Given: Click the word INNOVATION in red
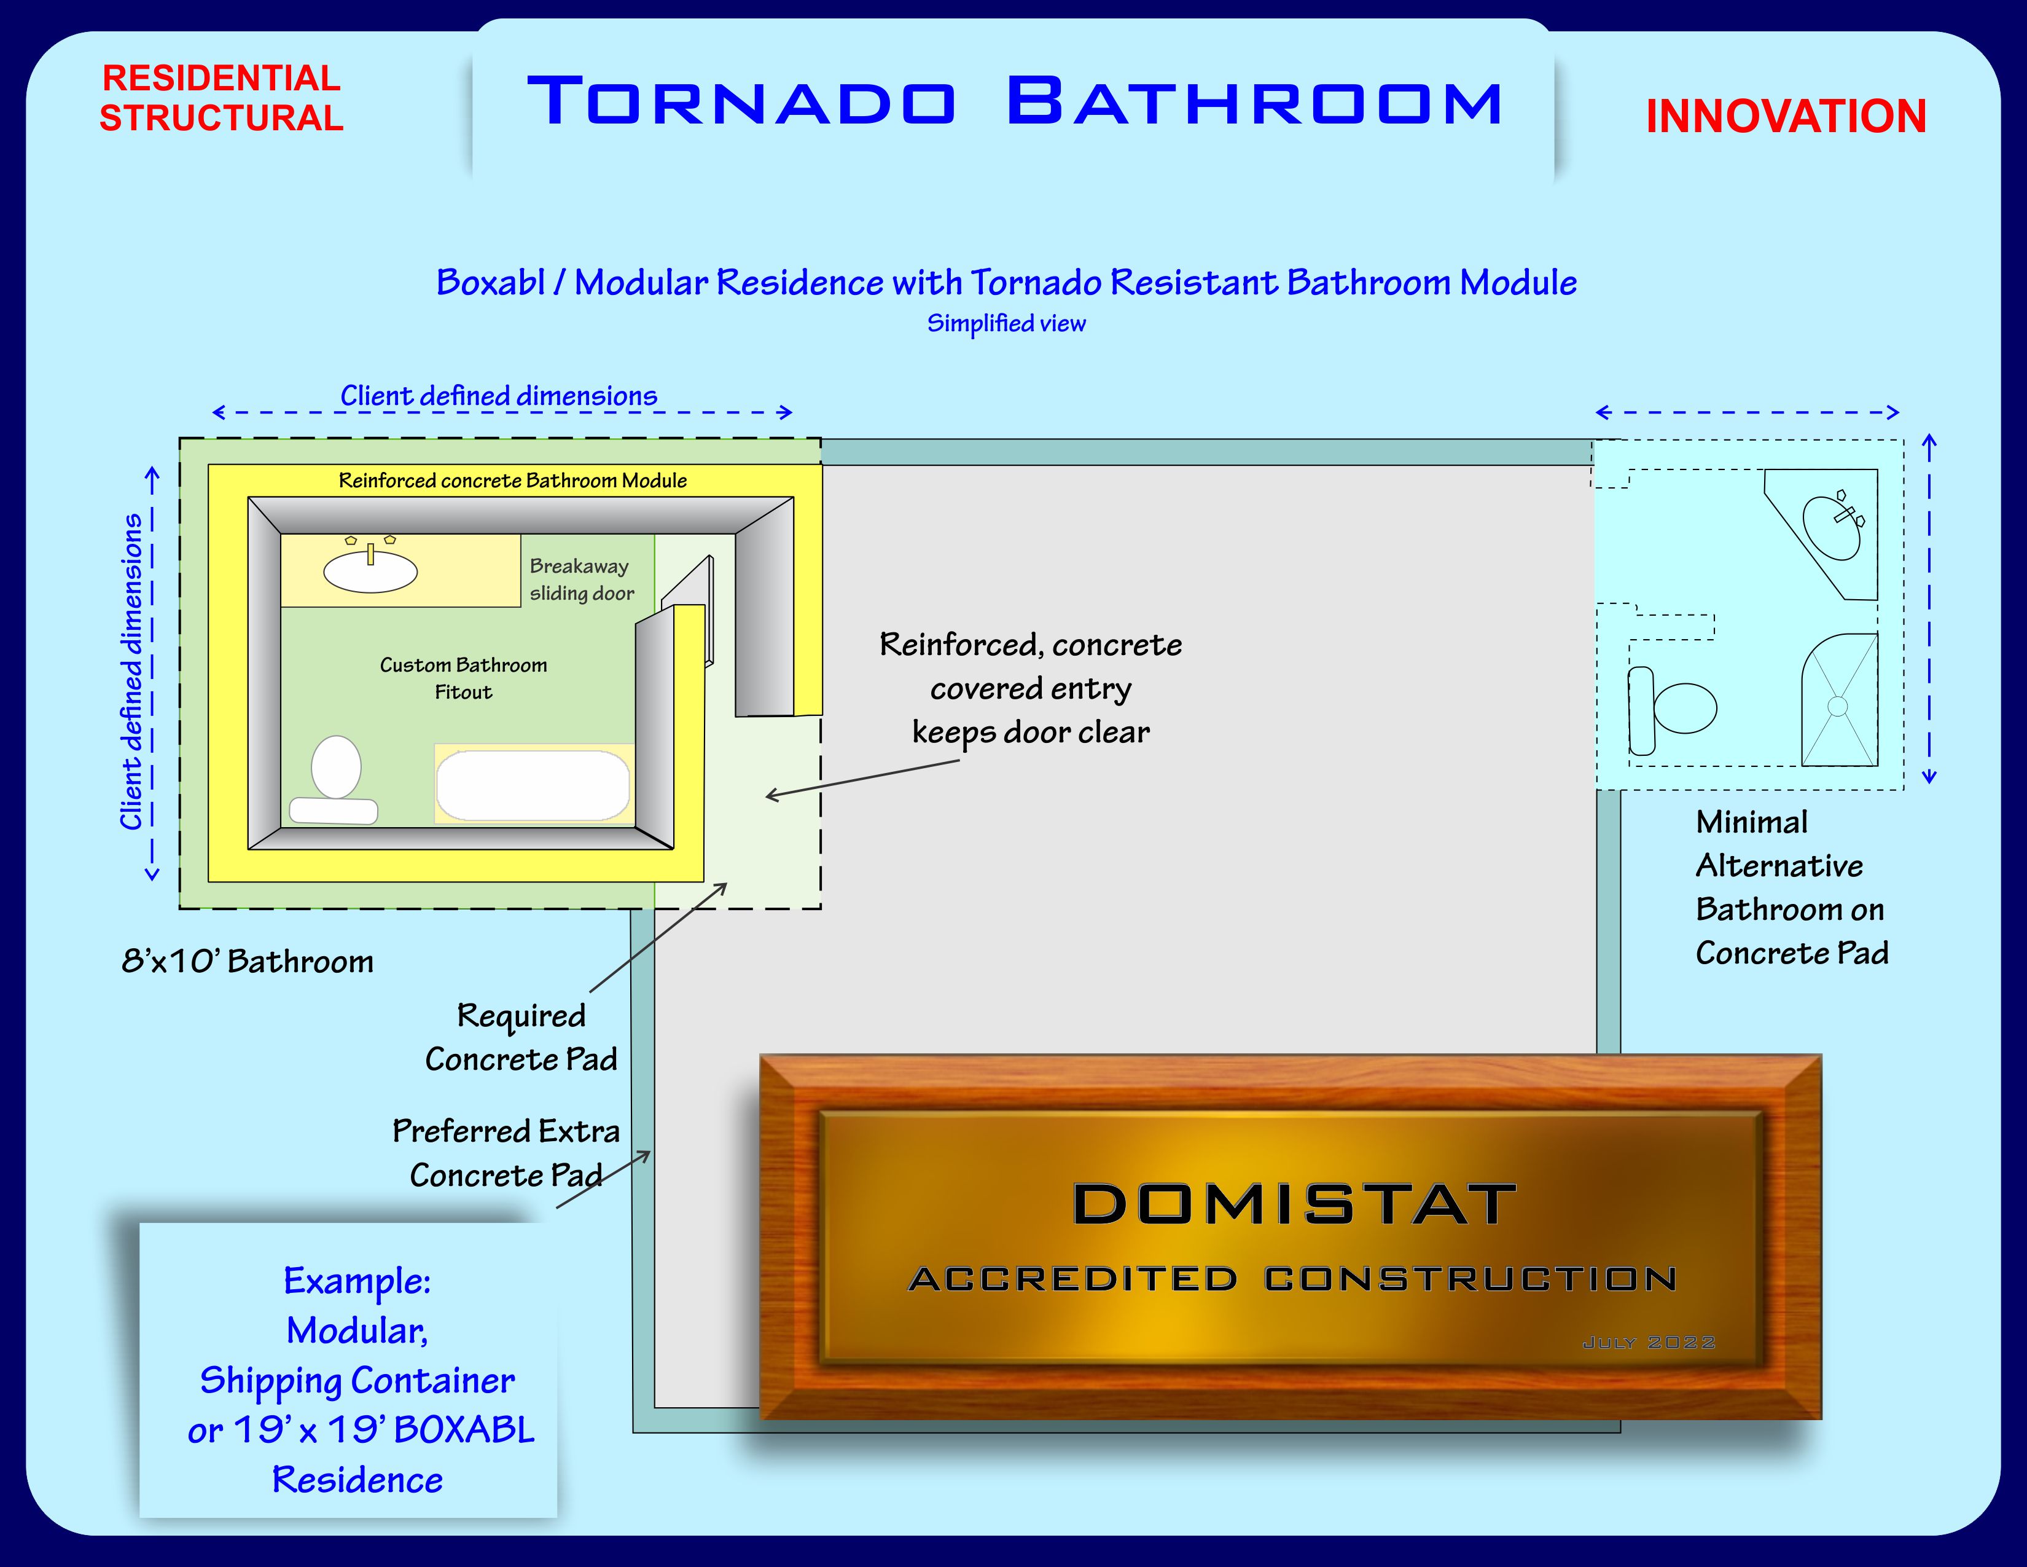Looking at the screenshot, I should coord(1786,117).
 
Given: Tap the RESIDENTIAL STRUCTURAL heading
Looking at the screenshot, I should coord(221,98).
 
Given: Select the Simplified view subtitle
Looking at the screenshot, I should coord(1006,323).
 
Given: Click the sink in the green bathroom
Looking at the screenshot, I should coord(370,570).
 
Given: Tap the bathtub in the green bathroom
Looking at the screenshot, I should coord(533,785).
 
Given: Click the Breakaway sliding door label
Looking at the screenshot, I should coord(581,579).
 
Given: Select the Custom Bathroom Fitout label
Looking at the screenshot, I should coord(463,678).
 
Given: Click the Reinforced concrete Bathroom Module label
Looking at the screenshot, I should coord(512,480).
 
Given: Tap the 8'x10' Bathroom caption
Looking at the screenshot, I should coord(248,961).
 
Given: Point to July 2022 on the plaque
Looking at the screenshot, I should coord(1649,1342).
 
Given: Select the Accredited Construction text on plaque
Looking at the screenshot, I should coord(1292,1279).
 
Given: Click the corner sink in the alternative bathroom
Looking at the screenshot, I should coord(1832,527).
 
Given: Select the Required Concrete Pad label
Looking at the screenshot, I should coord(521,1037).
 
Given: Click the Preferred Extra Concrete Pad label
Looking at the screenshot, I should coord(506,1152).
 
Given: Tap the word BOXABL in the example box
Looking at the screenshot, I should coord(464,1429).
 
